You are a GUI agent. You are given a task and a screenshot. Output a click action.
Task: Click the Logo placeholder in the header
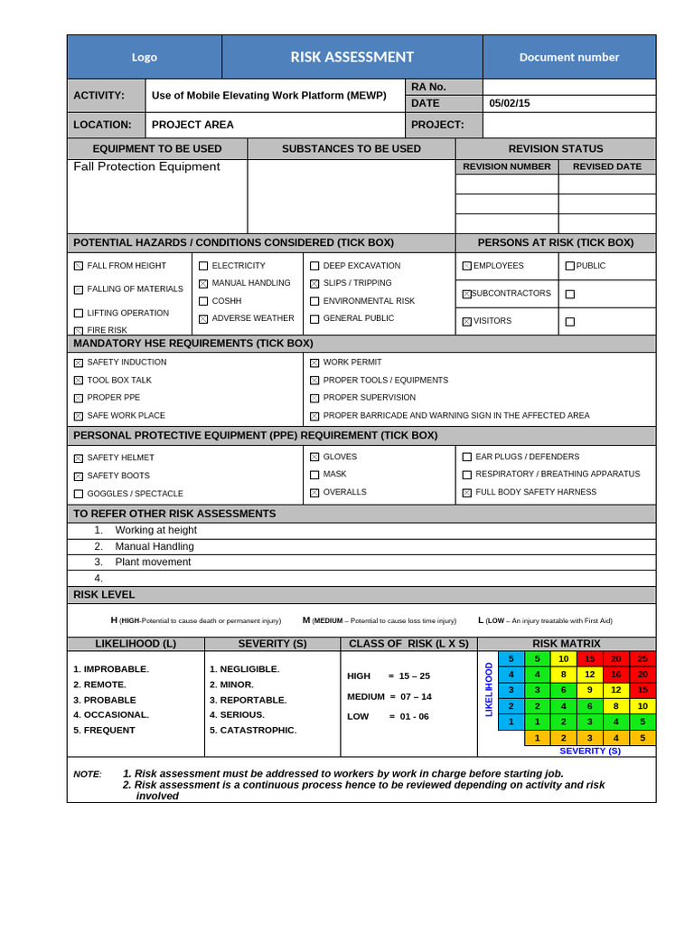144,57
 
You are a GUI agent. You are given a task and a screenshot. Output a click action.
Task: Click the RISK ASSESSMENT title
352,57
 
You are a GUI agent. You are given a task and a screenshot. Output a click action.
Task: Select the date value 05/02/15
510,103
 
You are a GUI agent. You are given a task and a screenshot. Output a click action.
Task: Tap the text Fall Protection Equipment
146,166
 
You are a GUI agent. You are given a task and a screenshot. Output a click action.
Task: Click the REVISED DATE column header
607,166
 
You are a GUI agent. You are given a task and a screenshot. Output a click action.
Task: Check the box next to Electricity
203,266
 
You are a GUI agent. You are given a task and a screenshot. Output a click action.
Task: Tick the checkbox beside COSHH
203,301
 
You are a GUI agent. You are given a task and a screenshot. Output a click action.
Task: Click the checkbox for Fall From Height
79,266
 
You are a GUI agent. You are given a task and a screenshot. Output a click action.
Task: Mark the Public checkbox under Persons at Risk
569,266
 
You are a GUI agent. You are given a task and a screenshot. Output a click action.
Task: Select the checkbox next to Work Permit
314,363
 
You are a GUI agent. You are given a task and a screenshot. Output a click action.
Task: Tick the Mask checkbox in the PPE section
314,475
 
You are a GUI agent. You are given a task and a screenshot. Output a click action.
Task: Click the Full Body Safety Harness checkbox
467,493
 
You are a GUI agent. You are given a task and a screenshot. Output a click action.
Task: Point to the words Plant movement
153,562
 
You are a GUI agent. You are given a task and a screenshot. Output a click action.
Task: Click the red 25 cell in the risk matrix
642,658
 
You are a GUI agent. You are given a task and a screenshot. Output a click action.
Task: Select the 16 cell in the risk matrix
616,674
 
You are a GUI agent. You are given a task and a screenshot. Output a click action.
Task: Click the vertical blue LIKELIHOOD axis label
489,689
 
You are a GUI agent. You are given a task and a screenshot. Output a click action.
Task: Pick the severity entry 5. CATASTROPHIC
253,730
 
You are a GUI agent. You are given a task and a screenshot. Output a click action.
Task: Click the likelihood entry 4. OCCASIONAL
111,714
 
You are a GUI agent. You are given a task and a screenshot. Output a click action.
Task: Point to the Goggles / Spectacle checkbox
79,494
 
